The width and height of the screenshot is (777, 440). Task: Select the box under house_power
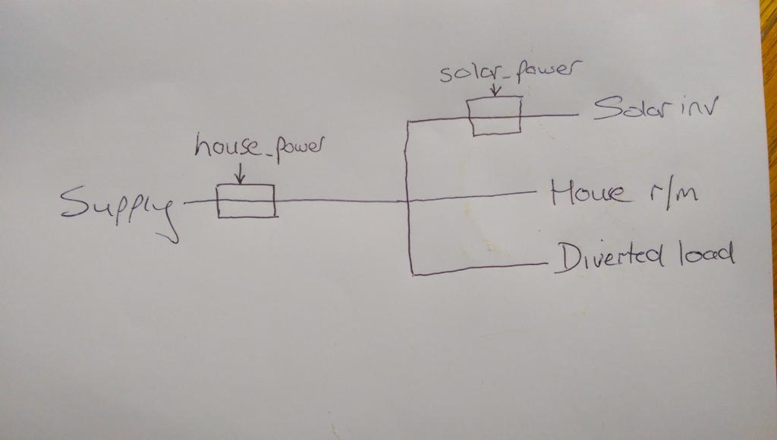[246, 201]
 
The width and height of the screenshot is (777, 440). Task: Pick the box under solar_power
[495, 116]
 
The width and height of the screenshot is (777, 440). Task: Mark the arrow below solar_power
[495, 90]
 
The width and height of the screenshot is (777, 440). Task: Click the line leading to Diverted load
[478, 268]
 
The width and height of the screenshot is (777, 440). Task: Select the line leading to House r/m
[470, 197]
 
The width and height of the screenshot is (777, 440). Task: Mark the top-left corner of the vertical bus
[409, 122]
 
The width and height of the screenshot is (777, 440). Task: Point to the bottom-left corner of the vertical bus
[411, 273]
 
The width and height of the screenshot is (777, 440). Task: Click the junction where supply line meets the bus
[409, 201]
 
